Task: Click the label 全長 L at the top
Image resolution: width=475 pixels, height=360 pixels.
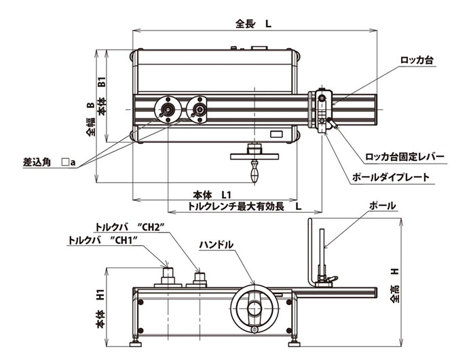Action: (x=253, y=23)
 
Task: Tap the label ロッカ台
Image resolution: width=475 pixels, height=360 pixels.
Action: (x=417, y=60)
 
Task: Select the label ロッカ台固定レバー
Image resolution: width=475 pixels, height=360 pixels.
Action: (x=404, y=157)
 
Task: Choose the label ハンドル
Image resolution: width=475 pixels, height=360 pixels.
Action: (x=216, y=244)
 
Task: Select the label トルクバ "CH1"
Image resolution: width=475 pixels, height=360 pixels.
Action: (x=103, y=240)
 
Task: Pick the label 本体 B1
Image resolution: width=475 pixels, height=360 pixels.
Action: (x=102, y=96)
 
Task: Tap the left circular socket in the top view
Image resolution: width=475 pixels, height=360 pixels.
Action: (x=166, y=109)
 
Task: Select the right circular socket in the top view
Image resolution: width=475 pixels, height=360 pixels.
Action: (x=199, y=109)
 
